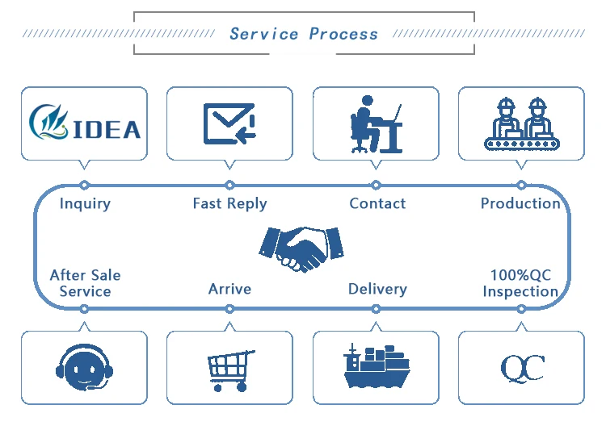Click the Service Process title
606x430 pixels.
coord(303,34)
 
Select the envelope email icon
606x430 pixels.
coord(229,123)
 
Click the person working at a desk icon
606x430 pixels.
coord(376,123)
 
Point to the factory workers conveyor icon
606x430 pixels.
coord(521,124)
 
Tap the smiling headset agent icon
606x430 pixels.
coord(85,367)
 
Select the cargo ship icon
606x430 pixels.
coord(376,367)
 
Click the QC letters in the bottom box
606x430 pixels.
coord(522,368)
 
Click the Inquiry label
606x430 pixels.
coord(85,203)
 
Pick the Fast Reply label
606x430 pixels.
coord(229,203)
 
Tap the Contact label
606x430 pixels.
coord(377,203)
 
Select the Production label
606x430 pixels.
coord(520,203)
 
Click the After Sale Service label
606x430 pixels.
coord(85,282)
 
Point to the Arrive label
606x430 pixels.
coord(229,289)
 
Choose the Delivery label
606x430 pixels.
coord(377,289)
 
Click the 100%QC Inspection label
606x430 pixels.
coord(520,282)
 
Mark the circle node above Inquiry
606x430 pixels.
coord(85,186)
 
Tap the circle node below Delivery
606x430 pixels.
coord(376,308)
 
